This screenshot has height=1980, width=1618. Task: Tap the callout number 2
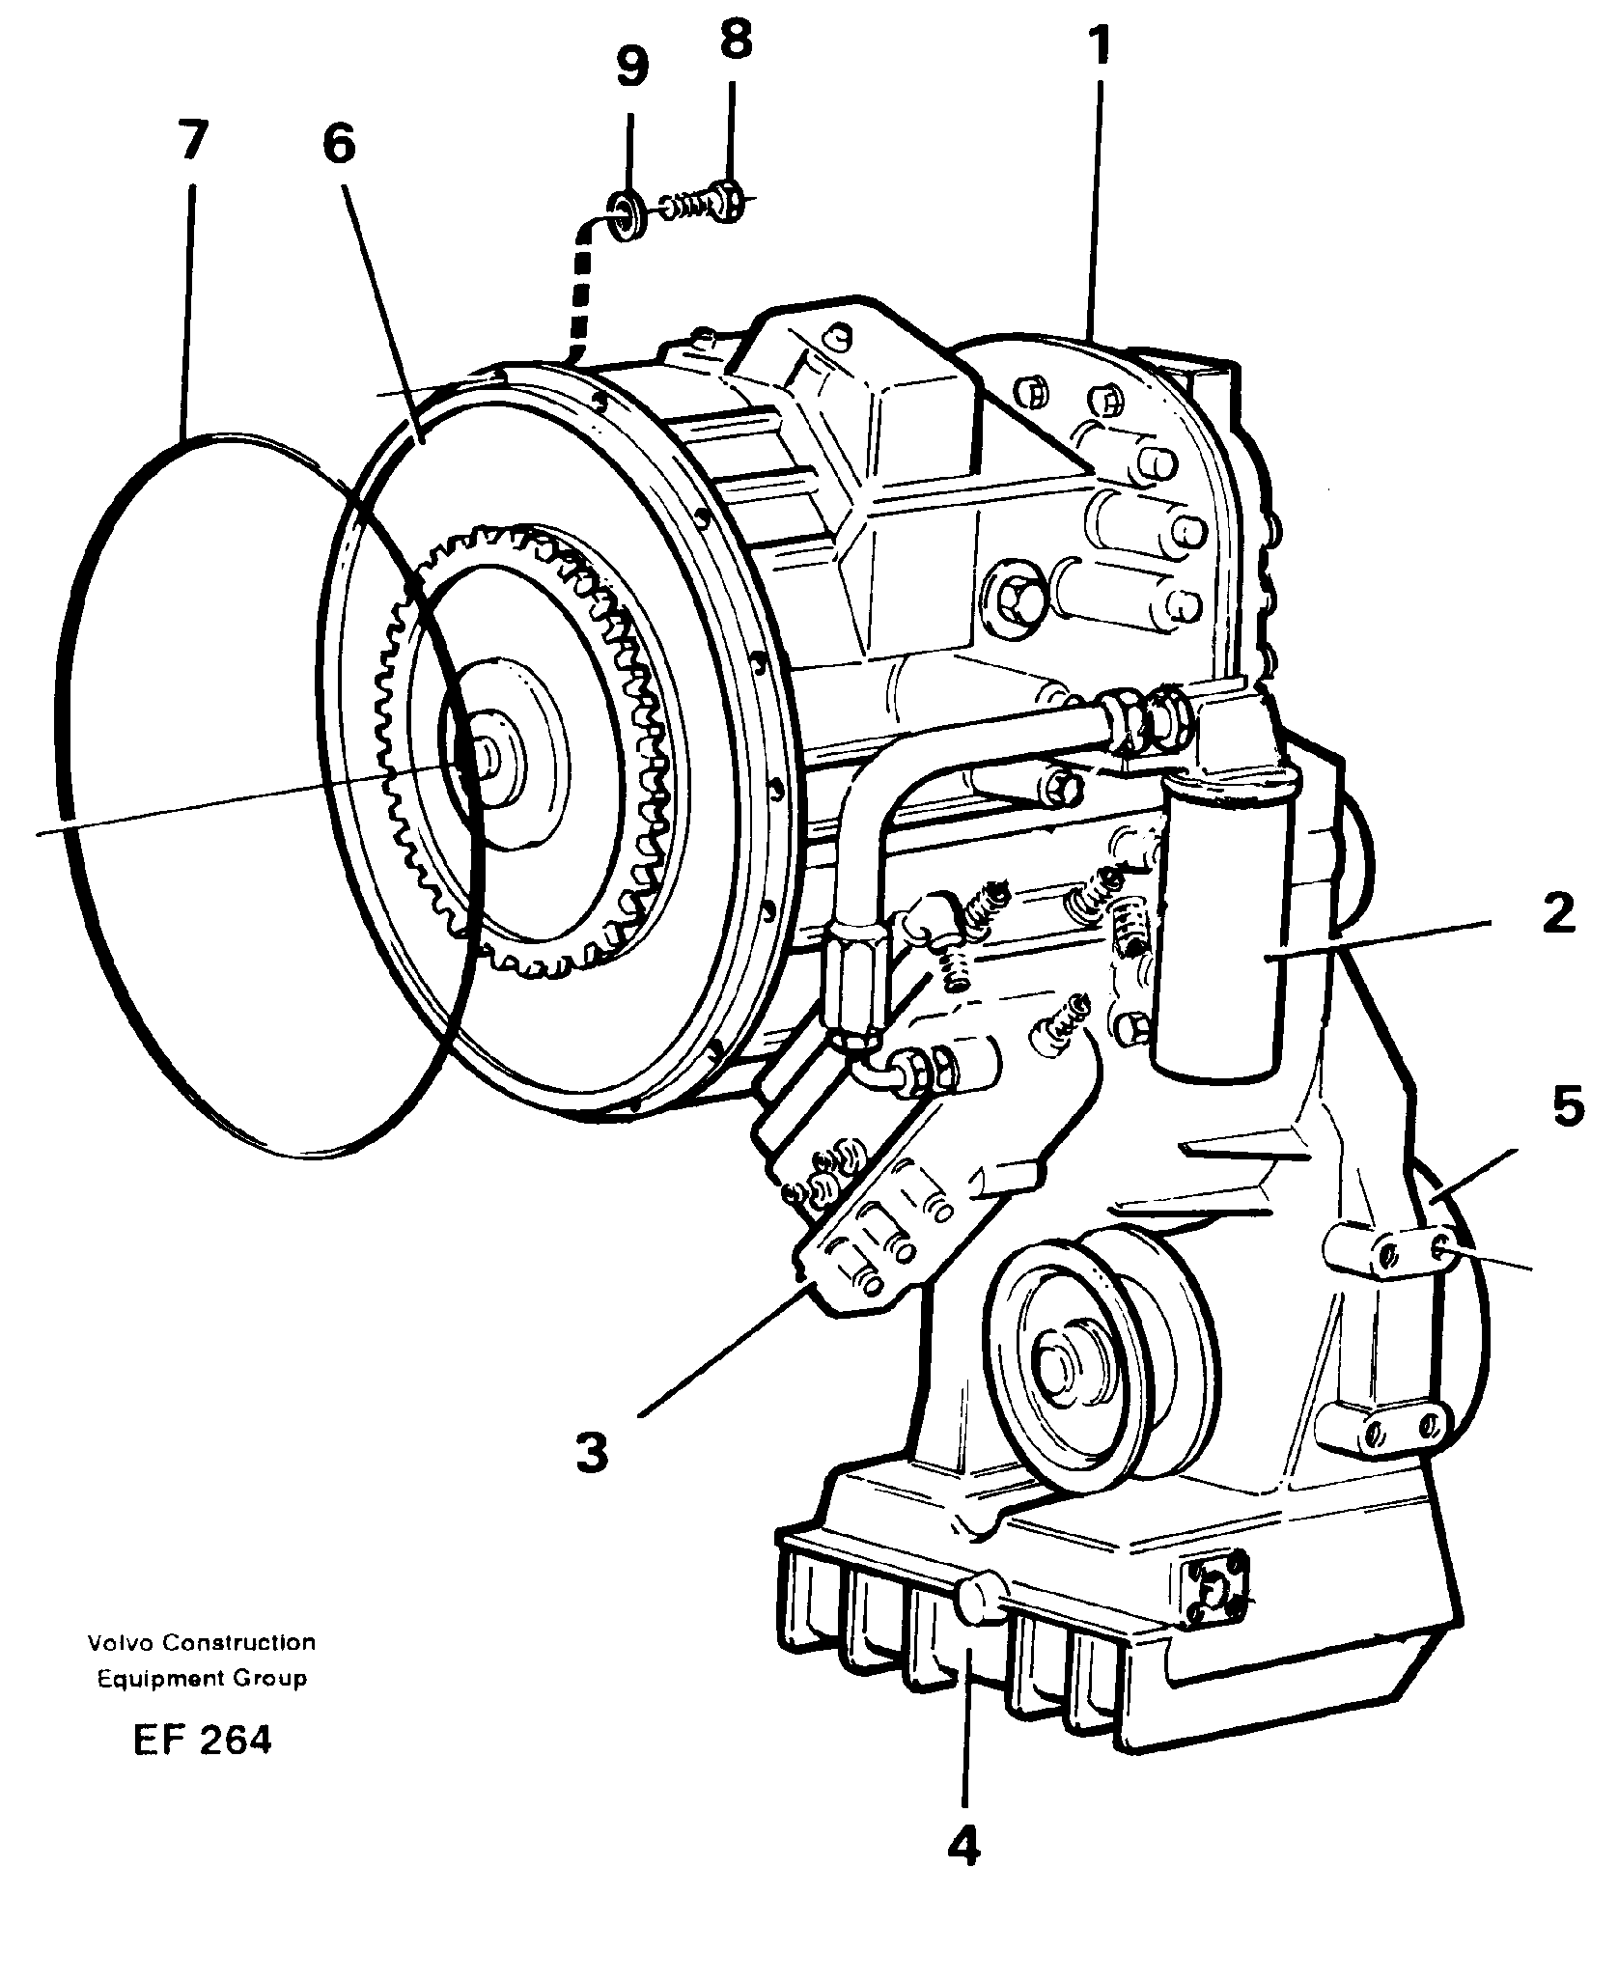click(1558, 914)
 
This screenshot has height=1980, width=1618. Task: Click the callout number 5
click(1569, 1106)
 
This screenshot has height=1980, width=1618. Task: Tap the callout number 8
click(736, 43)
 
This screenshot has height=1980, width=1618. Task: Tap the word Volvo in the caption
click(120, 1642)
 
